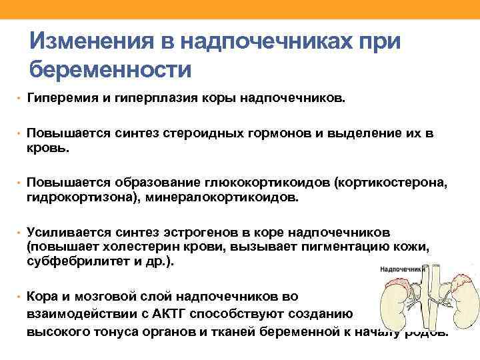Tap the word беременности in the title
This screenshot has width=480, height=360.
pyautogui.click(x=111, y=69)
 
